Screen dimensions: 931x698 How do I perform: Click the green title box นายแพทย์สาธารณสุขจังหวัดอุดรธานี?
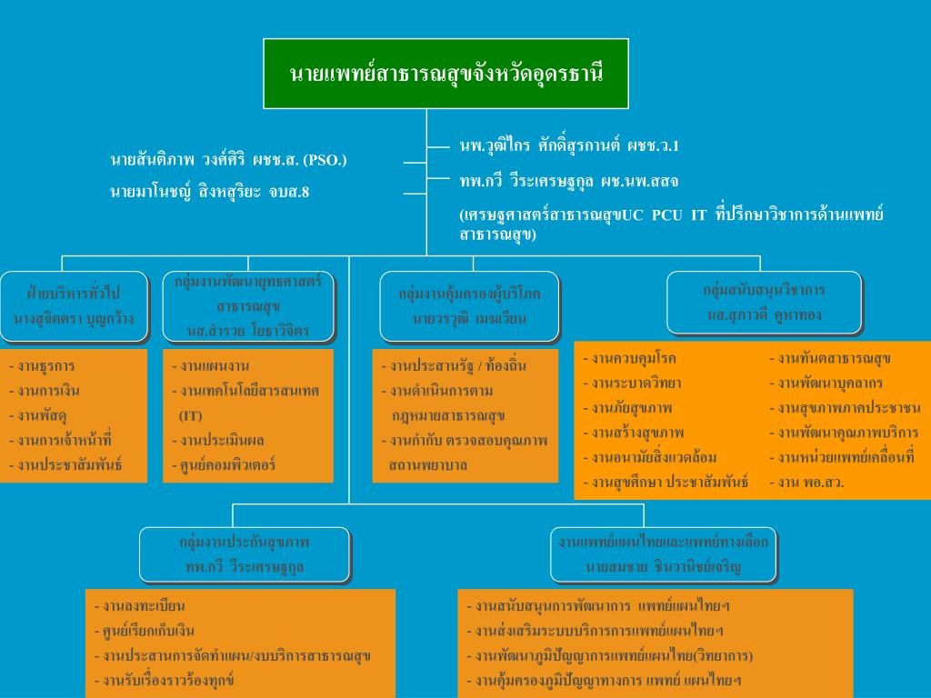445,73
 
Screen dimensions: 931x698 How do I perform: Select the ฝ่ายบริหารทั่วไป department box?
74,306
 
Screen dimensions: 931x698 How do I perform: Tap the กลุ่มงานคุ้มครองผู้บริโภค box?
469,306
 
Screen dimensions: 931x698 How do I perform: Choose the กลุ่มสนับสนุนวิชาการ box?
764,303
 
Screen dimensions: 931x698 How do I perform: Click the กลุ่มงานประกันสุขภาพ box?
245,554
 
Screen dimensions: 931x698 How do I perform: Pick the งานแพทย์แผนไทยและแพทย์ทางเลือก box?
663,554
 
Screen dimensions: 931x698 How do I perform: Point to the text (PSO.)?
325,160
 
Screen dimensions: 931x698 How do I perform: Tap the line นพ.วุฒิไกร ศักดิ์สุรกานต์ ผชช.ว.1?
570,145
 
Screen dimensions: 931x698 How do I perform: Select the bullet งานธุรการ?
45,366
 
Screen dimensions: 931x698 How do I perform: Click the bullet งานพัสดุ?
41,415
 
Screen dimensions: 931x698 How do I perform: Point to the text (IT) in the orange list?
190,415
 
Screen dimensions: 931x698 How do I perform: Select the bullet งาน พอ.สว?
810,483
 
